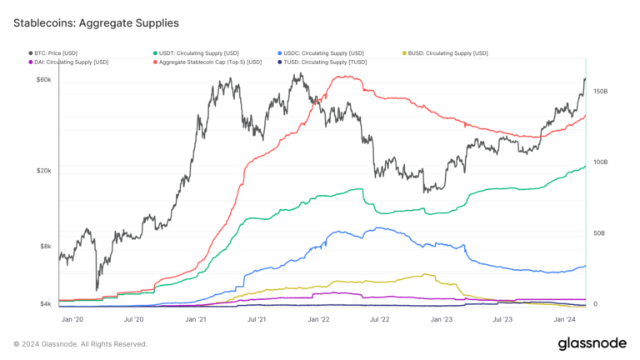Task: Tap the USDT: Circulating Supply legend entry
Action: click(197, 53)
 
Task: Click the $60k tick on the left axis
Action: click(43, 80)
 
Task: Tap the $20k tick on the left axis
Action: click(43, 170)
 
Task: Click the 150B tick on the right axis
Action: click(600, 92)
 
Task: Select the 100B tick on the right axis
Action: click(600, 162)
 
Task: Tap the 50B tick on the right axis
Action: click(599, 233)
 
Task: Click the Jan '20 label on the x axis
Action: click(72, 318)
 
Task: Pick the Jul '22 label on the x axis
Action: click(380, 318)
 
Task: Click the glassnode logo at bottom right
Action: click(592, 343)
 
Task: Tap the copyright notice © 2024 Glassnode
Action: click(80, 343)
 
